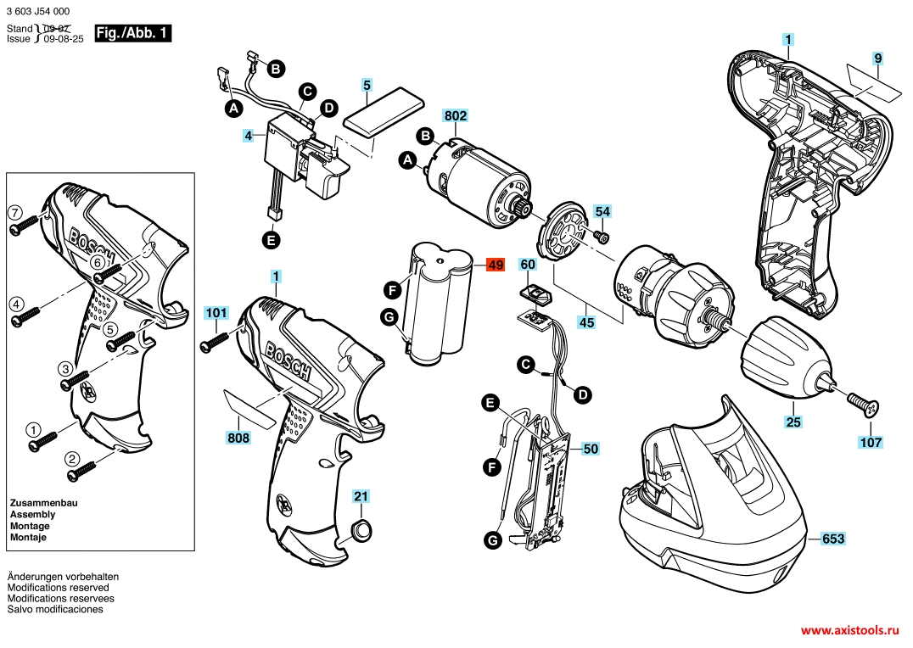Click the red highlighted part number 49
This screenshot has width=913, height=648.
pyautogui.click(x=496, y=265)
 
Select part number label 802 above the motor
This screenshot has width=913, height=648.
pyautogui.click(x=456, y=116)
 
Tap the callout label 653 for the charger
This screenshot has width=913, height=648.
pyautogui.click(x=832, y=539)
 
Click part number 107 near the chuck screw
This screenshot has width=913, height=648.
pyautogui.click(x=871, y=443)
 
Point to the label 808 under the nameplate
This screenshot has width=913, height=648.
pyautogui.click(x=238, y=438)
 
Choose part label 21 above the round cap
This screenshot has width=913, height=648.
pyautogui.click(x=361, y=496)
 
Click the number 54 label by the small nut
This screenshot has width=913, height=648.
pyautogui.click(x=602, y=211)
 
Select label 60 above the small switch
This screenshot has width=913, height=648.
pyautogui.click(x=528, y=265)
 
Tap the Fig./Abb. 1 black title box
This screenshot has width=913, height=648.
pyautogui.click(x=132, y=33)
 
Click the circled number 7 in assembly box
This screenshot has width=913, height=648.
pyautogui.click(x=14, y=212)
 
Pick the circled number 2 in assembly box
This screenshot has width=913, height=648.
pyautogui.click(x=72, y=460)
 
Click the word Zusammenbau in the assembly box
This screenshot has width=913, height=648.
pyautogui.click(x=43, y=502)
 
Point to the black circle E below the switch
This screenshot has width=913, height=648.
pyautogui.click(x=271, y=240)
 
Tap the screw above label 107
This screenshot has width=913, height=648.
pyautogui.click(x=862, y=405)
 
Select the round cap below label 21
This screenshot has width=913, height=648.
pyautogui.click(x=361, y=530)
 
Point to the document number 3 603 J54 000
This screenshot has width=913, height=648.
pyautogui.click(x=38, y=11)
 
